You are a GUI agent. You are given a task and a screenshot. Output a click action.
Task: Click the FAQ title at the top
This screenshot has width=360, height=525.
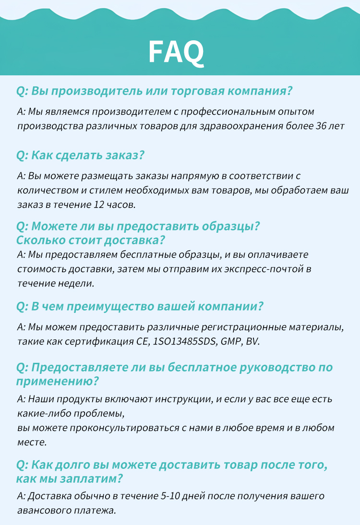pos(176,52)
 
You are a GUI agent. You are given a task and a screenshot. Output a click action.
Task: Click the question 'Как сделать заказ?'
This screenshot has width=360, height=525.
pos(81,155)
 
